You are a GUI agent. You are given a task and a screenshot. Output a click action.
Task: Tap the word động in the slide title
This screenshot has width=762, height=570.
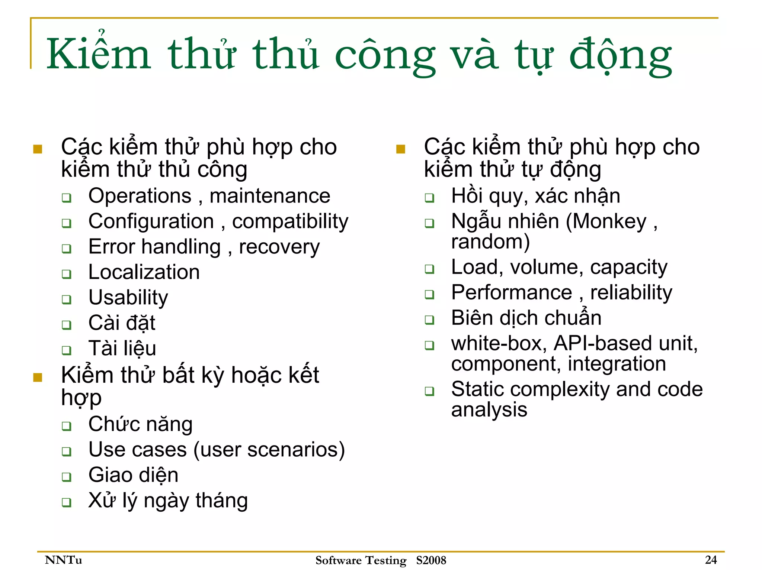tap(620, 56)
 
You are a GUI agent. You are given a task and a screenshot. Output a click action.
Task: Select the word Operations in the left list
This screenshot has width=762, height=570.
tap(140, 196)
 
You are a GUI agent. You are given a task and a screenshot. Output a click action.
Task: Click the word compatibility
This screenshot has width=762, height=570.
tap(290, 222)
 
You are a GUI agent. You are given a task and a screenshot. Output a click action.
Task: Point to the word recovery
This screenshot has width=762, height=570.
tap(279, 247)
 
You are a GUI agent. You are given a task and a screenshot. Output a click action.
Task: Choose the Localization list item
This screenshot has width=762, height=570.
tap(144, 272)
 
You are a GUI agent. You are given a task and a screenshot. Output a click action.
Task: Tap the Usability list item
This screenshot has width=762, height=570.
tap(128, 298)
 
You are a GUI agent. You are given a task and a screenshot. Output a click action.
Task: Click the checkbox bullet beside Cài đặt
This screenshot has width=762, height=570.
tap(67, 325)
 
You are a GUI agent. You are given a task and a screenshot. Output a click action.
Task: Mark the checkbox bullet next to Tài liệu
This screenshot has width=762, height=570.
tap(67, 350)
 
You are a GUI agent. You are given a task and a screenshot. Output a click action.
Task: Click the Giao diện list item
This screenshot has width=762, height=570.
tap(133, 475)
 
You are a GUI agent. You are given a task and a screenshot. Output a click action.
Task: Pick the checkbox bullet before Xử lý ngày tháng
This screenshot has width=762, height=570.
tap(67, 502)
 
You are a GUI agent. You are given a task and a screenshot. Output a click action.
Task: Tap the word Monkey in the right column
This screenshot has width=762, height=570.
tap(610, 222)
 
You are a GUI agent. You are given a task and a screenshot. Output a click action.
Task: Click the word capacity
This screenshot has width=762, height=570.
tap(628, 268)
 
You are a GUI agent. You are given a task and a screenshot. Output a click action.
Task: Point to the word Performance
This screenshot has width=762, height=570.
tap(512, 292)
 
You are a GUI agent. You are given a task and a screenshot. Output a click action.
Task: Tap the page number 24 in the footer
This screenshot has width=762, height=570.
tap(711, 560)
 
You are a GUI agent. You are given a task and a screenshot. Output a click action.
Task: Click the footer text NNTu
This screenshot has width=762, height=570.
tap(63, 560)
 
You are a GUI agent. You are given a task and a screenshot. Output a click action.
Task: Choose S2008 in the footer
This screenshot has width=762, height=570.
tap(431, 560)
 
